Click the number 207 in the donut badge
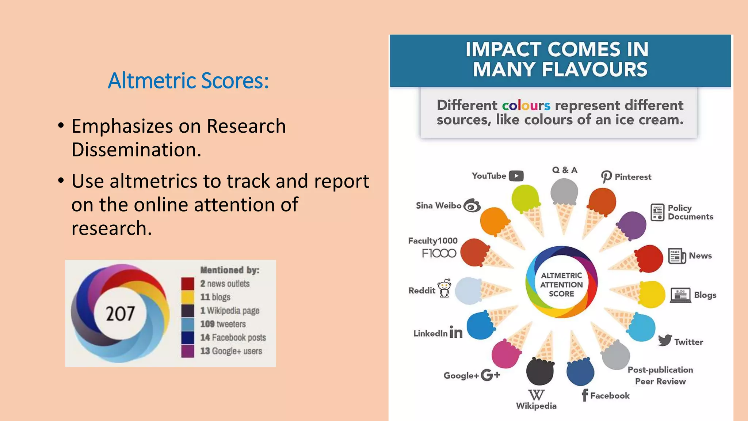(x=120, y=314)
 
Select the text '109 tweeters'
(x=223, y=324)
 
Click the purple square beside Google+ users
(x=188, y=351)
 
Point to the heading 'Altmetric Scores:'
(x=188, y=80)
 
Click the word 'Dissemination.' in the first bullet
(x=136, y=150)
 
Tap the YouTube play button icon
(x=516, y=176)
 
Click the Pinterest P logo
(x=606, y=177)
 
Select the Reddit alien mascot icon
(x=445, y=289)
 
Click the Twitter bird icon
(x=665, y=340)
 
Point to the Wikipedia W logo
(x=536, y=395)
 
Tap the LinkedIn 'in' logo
(x=456, y=332)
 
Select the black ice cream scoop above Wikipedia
(x=540, y=371)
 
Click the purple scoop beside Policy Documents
(x=632, y=225)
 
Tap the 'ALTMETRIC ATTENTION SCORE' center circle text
(x=561, y=285)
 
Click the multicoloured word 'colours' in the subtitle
(x=526, y=106)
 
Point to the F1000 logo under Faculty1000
(x=439, y=253)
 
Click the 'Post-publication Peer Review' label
(x=660, y=375)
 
